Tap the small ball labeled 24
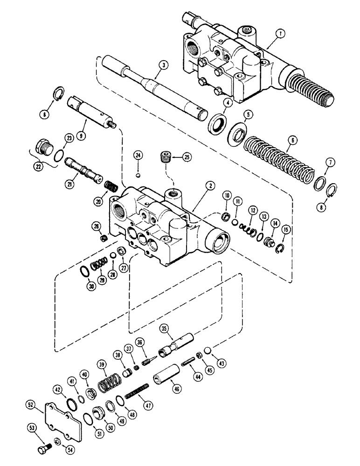(x=138, y=175)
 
